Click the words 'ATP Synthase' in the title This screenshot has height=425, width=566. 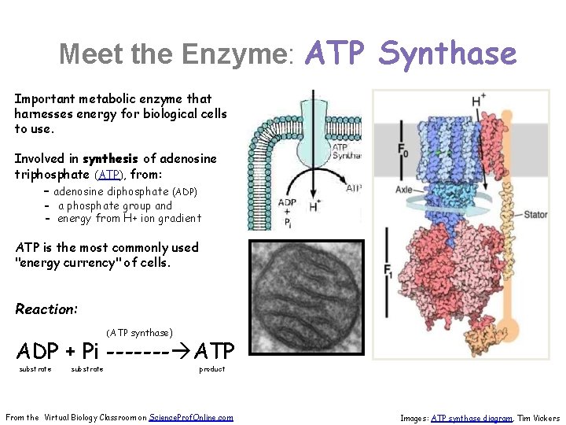point(410,54)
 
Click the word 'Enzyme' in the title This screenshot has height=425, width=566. point(233,54)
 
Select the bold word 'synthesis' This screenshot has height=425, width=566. point(108,159)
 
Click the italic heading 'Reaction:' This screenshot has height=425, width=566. point(46,309)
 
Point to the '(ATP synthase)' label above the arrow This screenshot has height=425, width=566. point(139,332)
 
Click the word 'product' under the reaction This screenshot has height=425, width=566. point(211,369)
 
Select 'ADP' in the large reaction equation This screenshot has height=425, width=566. point(40,349)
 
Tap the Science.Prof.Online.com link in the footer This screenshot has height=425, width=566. point(190,417)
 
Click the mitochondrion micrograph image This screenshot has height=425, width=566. point(307,298)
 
